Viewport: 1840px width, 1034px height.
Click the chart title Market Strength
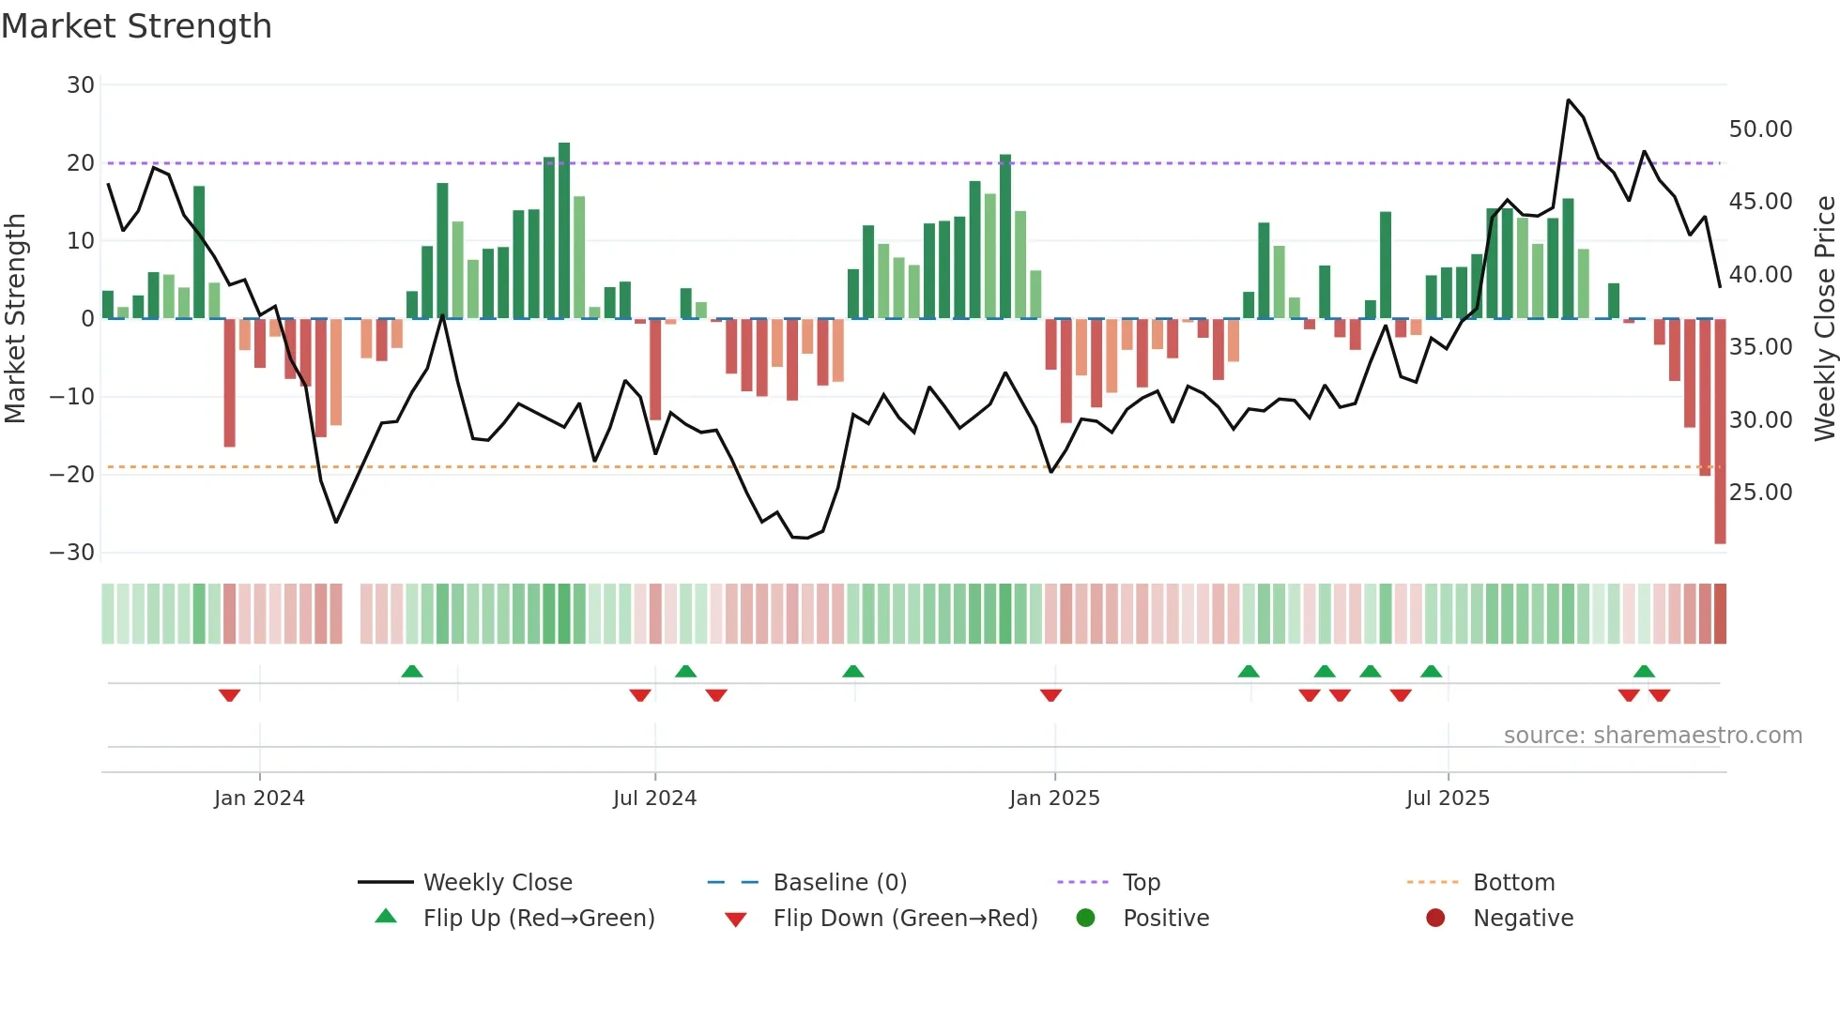136,26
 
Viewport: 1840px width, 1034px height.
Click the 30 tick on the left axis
81,85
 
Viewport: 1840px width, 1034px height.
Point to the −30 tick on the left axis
73,553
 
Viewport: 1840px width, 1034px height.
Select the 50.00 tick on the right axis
1760,129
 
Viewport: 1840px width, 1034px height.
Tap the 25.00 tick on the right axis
1760,493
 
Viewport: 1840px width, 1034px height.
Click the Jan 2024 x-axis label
259,798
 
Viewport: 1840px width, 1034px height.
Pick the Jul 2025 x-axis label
1448,798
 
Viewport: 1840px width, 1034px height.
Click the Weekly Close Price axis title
1824,318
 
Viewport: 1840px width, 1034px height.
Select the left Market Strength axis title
16,318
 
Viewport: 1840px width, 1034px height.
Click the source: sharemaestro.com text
1652,736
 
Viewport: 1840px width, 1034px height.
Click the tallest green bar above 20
564,230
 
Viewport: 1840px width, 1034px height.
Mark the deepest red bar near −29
1720,432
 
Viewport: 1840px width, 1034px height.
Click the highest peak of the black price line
1568,99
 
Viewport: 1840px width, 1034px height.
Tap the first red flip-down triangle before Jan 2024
229,695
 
